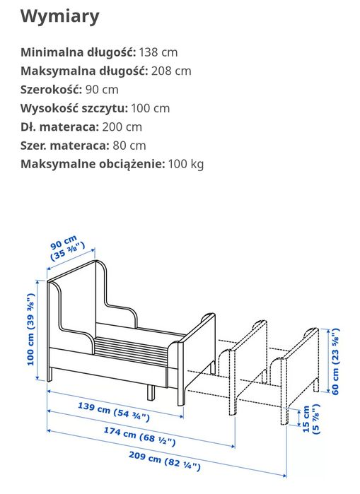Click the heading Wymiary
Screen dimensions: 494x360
[59, 16]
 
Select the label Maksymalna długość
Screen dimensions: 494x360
[84, 71]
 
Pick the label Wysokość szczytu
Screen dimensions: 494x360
[74, 108]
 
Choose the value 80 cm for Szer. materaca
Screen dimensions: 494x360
[127, 146]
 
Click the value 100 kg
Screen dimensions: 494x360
[186, 164]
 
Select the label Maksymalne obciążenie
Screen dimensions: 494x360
[92, 164]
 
